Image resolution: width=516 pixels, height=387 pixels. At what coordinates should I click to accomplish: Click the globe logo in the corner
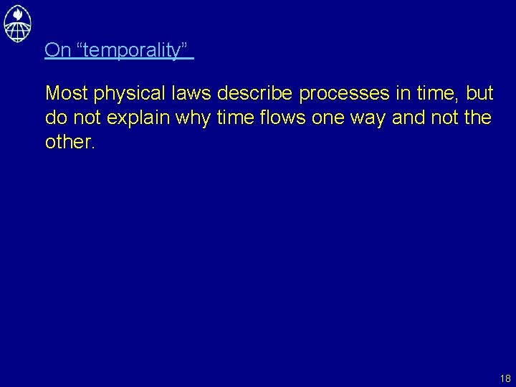17,22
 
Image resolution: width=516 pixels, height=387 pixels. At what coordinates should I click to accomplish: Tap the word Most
67,93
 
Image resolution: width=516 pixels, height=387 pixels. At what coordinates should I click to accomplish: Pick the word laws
195,93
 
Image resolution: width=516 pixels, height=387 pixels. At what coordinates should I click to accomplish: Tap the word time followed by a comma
436,93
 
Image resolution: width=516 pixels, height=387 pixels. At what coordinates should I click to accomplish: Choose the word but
479,93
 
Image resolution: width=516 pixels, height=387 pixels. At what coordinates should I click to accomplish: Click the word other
69,142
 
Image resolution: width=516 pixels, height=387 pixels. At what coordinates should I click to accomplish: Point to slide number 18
505,378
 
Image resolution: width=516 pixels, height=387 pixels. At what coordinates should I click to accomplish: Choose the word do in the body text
55,118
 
